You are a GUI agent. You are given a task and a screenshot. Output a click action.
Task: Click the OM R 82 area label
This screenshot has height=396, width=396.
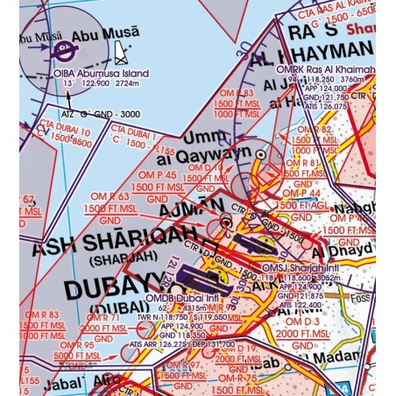pyautogui.click(x=313, y=129)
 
